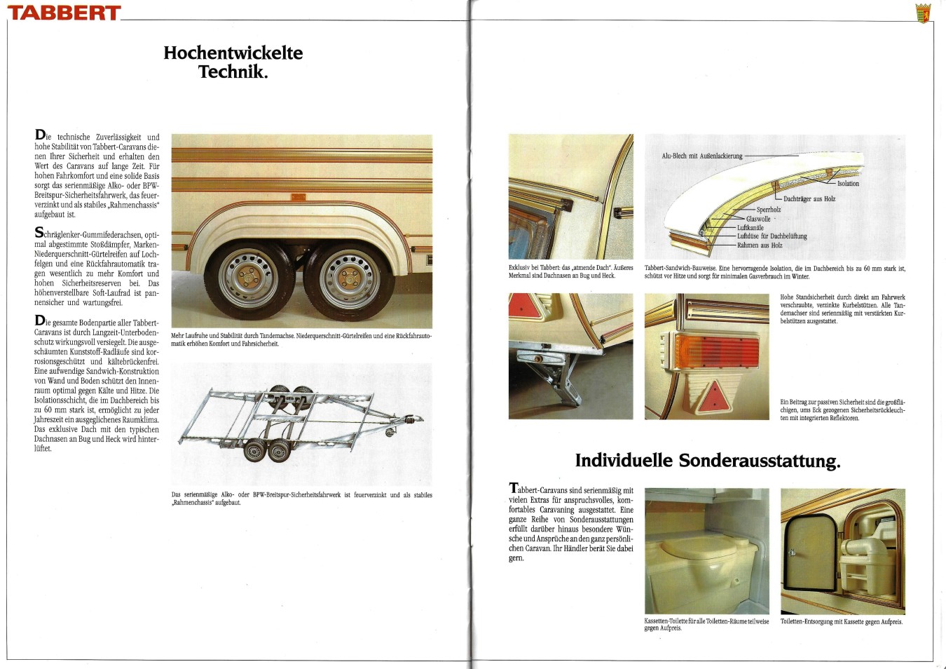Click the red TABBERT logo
(64, 13)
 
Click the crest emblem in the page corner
(924, 13)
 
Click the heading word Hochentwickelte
(233, 53)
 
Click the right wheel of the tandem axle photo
(348, 279)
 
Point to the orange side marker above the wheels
(297, 198)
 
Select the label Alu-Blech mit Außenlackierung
(702, 156)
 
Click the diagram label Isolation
(848, 184)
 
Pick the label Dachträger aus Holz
(809, 199)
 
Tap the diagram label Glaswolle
(758, 219)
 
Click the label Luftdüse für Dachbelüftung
(772, 236)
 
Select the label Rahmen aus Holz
(760, 245)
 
